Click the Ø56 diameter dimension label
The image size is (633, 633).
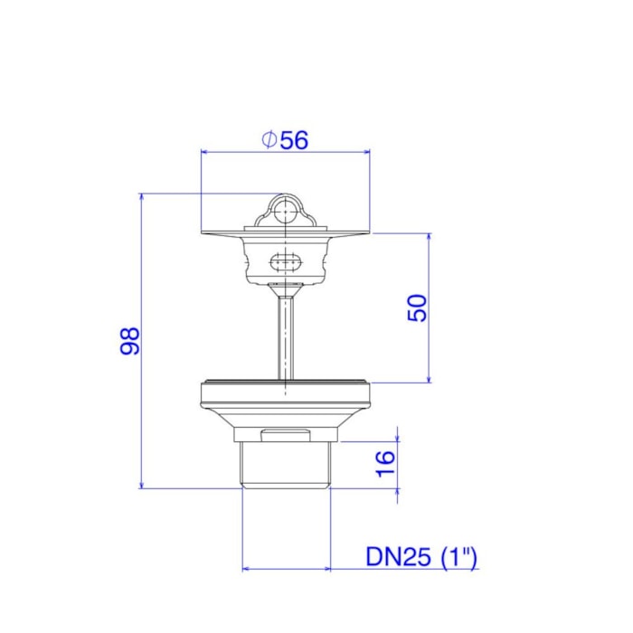point(285,140)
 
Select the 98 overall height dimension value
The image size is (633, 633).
point(130,341)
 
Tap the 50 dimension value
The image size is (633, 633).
point(417,308)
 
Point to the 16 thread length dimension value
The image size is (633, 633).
point(385,463)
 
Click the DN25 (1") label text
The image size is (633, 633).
point(421,557)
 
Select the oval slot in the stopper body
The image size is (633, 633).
point(285,262)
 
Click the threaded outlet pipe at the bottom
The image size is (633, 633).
point(286,465)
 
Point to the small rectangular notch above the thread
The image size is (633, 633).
point(286,436)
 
